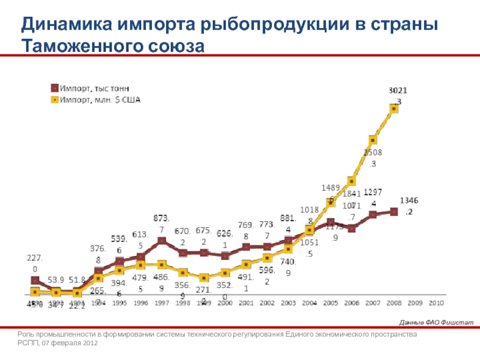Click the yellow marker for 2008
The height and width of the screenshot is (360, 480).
pyautogui.click(x=394, y=109)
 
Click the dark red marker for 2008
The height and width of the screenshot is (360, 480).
pyautogui.click(x=394, y=211)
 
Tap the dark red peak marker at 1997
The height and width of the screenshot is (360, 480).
pyautogui.click(x=161, y=241)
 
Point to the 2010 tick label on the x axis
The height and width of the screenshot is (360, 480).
pyautogui.click(x=436, y=303)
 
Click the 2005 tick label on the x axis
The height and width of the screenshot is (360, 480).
pyautogui.click(x=331, y=303)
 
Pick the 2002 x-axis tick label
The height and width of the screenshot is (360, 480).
pyautogui.click(x=267, y=303)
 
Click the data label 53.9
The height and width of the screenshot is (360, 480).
pyautogui.click(x=56, y=280)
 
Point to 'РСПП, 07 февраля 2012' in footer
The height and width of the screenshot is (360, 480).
pyautogui.click(x=58, y=344)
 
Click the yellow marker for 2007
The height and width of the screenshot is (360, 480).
pyautogui.click(x=373, y=140)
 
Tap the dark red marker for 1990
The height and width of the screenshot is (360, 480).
pyautogui.click(x=35, y=281)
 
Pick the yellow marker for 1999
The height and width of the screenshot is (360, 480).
pyautogui.click(x=204, y=278)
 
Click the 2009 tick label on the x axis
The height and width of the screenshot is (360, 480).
pyautogui.click(x=415, y=303)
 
